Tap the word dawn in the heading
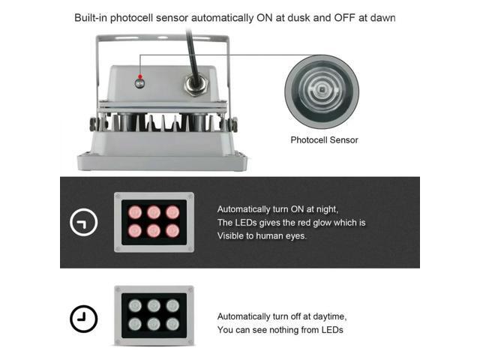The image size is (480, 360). click(x=379, y=17)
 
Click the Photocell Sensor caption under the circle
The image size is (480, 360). click(x=324, y=139)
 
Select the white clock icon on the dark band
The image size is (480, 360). click(x=83, y=223)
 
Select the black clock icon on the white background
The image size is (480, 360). click(x=83, y=319)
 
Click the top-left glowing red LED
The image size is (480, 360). click(x=136, y=213)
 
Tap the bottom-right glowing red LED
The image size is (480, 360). click(x=172, y=231)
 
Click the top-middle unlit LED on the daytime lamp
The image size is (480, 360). click(x=154, y=306)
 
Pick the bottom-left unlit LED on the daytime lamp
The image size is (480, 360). click(x=136, y=324)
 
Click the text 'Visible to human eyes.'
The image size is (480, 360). click(x=262, y=235)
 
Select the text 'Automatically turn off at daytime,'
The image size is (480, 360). click(x=281, y=316)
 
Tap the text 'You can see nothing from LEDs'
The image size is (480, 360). click(x=280, y=330)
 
